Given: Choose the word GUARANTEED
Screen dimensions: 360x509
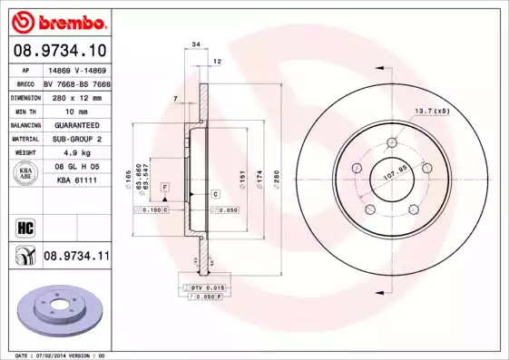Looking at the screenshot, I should pos(73,124).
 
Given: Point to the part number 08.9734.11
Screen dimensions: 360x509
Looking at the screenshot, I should pos(75,258).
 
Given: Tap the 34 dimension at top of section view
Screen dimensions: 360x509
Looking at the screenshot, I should pos(196,44).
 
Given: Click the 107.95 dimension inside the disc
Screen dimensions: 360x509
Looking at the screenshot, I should pos(388,169).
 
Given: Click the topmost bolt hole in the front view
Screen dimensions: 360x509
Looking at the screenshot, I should pos(393,141).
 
